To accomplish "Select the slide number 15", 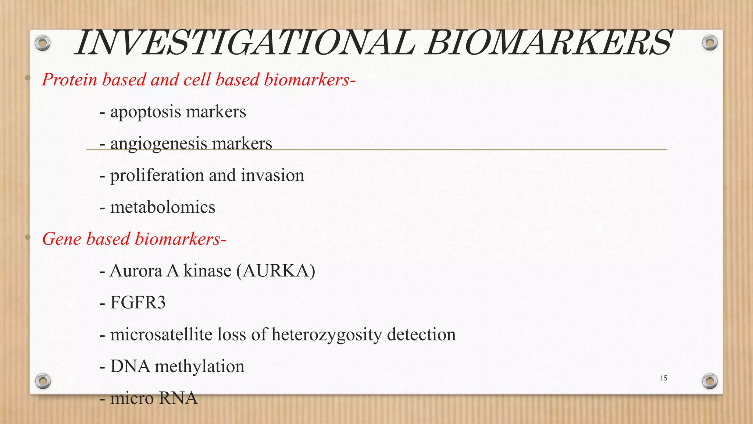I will [x=663, y=378].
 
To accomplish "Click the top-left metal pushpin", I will [x=43, y=43].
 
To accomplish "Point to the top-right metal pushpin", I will [x=710, y=43].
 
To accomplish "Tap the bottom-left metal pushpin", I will [x=43, y=381].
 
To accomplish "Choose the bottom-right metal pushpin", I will [x=710, y=381].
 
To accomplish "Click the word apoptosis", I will [x=140, y=112].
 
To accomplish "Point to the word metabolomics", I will [x=163, y=207].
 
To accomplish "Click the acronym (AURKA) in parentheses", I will [x=276, y=271].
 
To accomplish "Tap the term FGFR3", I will [x=138, y=303].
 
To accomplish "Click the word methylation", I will [x=199, y=367].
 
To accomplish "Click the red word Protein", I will [x=69, y=79].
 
